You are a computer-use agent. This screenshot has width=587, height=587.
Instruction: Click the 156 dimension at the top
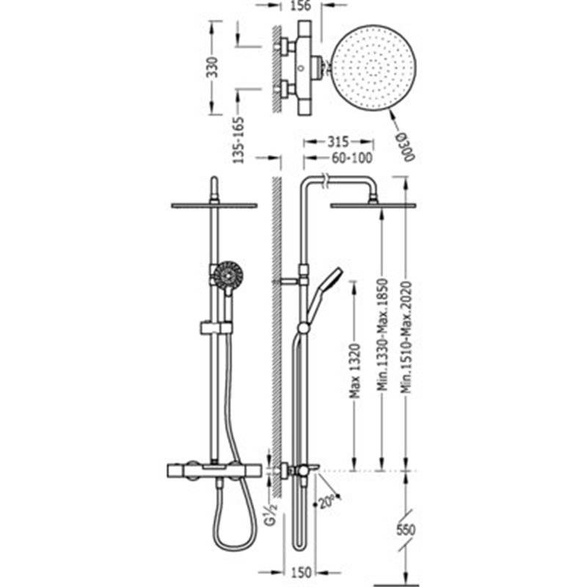(301, 6)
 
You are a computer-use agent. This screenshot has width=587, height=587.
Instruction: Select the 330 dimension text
(212, 68)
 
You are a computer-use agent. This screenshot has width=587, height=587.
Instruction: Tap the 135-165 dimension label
(239, 140)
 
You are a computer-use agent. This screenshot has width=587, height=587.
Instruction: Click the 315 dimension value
(338, 142)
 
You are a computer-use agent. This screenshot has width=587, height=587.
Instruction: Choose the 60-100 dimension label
(352, 158)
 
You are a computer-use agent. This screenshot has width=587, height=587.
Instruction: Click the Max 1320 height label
(355, 371)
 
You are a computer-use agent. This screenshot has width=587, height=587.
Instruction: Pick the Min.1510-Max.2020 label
(406, 337)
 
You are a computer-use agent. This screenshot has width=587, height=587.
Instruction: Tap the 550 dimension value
(406, 530)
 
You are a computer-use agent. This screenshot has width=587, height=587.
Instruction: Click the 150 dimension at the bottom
(301, 572)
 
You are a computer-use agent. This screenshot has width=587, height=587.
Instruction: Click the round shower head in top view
(373, 68)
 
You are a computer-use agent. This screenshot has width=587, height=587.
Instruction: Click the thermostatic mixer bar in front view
(214, 470)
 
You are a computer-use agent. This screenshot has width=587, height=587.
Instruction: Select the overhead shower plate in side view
(373, 205)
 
